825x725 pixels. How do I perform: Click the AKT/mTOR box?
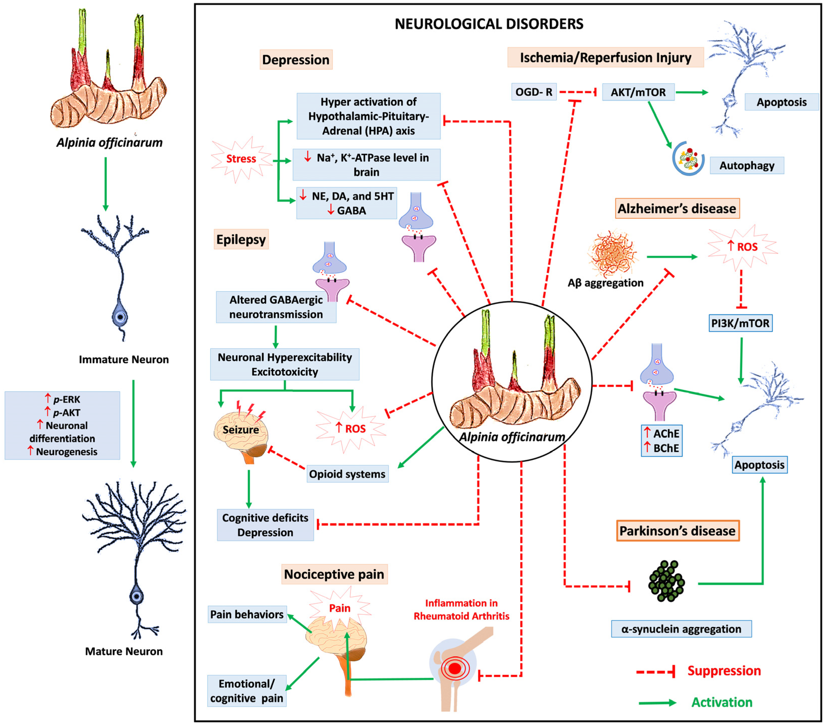pos(638,92)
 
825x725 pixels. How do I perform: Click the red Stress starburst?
pos(241,159)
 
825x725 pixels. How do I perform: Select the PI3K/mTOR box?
pos(740,323)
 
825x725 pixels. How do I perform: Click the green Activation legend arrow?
pos(657,703)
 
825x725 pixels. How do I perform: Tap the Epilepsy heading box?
pos(241,239)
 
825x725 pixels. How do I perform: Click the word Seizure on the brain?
pos(241,430)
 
